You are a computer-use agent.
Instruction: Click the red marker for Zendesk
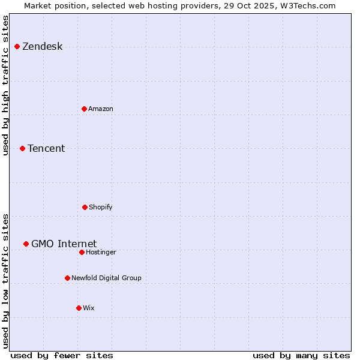tap(17, 46)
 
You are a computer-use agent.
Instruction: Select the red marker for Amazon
tap(84, 109)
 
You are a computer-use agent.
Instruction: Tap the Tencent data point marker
tap(22, 148)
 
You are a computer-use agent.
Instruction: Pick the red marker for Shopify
tap(85, 207)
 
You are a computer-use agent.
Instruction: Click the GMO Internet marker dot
tap(26, 244)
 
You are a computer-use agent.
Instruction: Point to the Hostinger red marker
tap(82, 252)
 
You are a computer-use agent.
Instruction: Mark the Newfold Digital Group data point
tap(67, 278)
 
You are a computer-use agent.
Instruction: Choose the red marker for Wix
tap(79, 308)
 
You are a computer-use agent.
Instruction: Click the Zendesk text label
tap(42, 47)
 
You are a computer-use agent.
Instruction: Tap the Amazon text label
tap(101, 109)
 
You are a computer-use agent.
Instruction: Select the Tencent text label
tap(46, 148)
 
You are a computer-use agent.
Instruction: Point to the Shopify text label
tap(101, 207)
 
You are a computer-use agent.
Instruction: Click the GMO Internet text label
tap(64, 244)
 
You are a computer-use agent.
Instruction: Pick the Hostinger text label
tap(101, 252)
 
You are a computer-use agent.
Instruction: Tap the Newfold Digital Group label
tap(106, 278)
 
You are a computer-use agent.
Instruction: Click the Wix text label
tap(89, 308)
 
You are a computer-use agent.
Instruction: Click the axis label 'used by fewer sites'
tap(62, 355)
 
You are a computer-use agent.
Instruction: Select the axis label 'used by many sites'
tap(301, 355)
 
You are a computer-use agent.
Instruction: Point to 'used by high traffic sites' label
tap(6, 85)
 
